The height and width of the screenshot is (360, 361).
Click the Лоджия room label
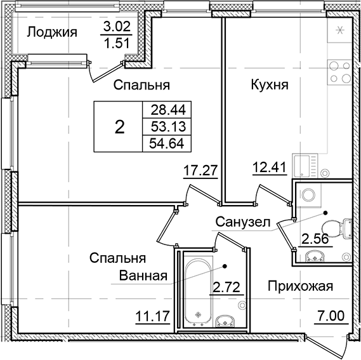tap(53, 32)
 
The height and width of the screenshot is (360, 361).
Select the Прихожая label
tap(299, 286)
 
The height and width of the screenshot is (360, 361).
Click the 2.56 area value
tap(313, 239)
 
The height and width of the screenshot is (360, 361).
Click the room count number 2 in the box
tap(119, 126)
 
